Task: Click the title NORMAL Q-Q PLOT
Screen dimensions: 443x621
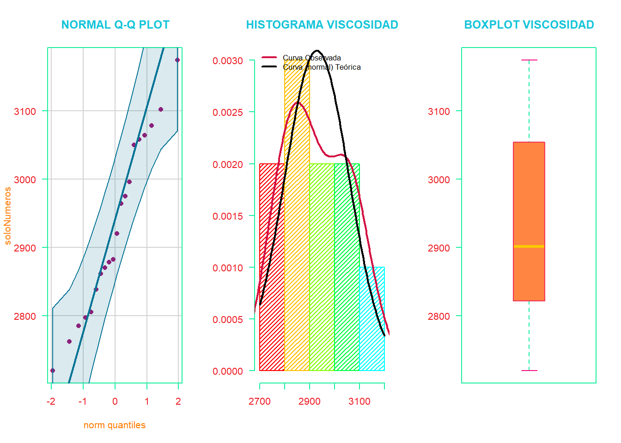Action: (115, 25)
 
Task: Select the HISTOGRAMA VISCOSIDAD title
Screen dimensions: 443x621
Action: (322, 25)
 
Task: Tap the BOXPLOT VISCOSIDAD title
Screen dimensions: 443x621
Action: (529, 25)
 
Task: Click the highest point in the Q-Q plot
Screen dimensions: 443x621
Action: (177, 60)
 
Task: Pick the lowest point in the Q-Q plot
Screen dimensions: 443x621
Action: (53, 371)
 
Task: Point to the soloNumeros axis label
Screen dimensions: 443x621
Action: (7, 216)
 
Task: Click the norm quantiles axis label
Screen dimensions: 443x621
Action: (115, 425)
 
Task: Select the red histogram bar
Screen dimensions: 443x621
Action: (272, 277)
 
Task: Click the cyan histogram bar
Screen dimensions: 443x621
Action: (372, 323)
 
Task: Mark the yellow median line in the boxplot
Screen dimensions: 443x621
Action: (529, 246)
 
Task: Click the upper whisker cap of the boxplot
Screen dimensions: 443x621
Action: (529, 60)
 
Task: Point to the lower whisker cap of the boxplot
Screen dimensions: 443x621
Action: (529, 371)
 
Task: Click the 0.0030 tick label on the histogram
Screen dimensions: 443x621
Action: (228, 61)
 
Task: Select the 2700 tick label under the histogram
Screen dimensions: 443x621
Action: (260, 401)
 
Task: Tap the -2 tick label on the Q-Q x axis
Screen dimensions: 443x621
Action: (51, 401)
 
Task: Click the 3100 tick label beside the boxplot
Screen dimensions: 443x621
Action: (439, 111)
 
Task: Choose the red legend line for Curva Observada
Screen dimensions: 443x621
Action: (269, 58)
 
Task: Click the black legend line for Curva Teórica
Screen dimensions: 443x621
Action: (269, 67)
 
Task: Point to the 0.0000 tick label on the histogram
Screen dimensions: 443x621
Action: (228, 371)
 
